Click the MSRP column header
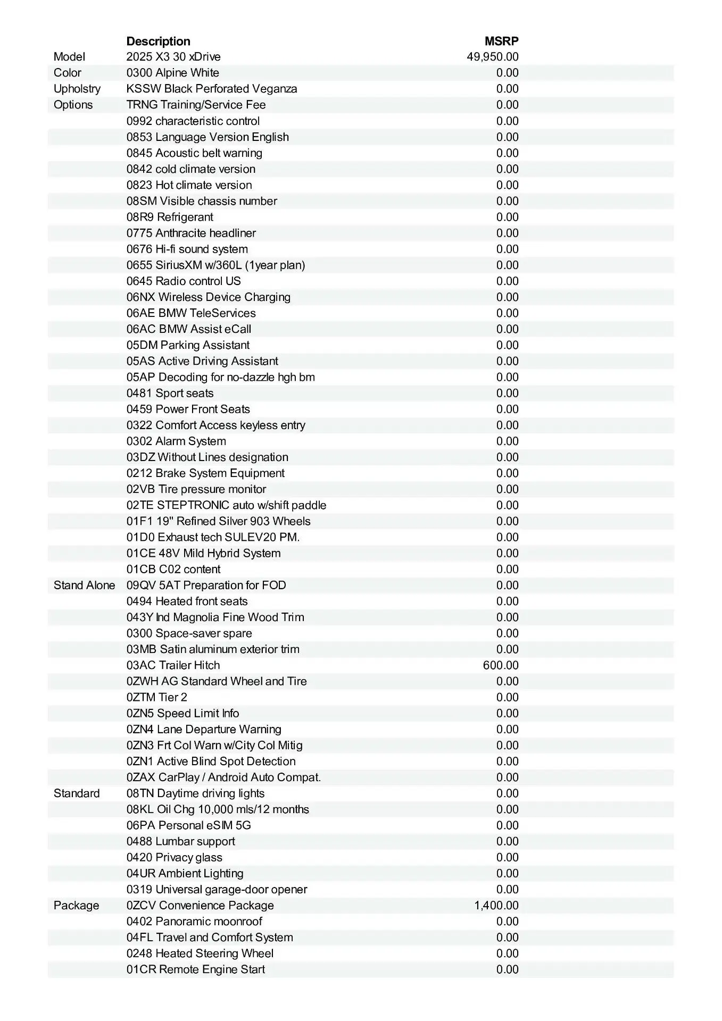coord(501,41)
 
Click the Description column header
coord(158,41)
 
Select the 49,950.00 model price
coord(492,57)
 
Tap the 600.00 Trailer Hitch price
coord(500,665)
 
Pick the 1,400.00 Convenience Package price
coord(496,905)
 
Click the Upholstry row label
coord(77,89)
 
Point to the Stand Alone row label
coord(84,585)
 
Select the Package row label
coord(76,905)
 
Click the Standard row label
coord(77,793)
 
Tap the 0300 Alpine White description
coord(172,73)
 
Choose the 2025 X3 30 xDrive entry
coord(173,57)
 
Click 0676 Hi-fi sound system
coord(187,249)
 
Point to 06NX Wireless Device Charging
coord(208,297)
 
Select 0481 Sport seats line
coord(170,393)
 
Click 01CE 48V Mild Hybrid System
coord(203,553)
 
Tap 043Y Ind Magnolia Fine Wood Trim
coord(215,617)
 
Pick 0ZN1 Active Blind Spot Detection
coord(211,761)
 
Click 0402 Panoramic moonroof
coord(194,921)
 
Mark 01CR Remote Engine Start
coord(195,969)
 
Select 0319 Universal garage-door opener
coord(217,889)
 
